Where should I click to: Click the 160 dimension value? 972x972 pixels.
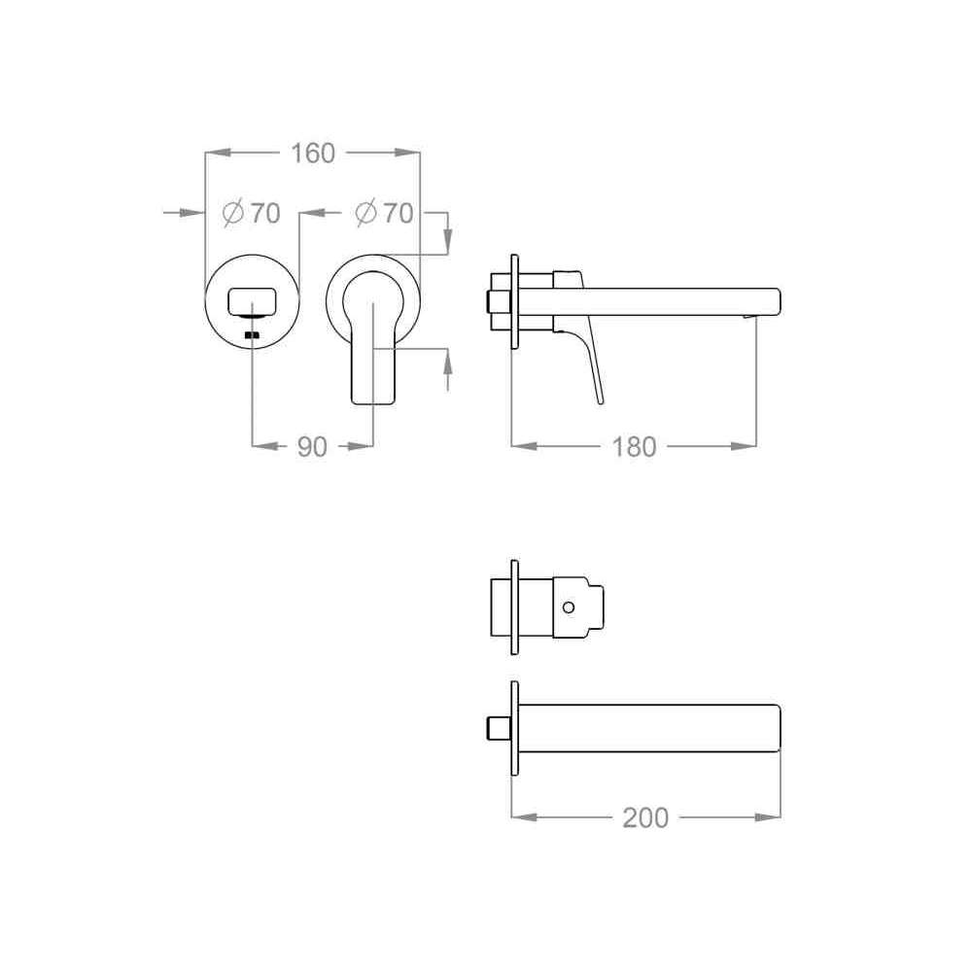click(313, 154)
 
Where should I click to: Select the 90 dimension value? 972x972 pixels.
click(312, 447)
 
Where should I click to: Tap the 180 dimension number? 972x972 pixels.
click(634, 447)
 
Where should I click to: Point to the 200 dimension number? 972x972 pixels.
click(645, 817)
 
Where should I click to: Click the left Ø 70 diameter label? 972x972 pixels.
click(252, 213)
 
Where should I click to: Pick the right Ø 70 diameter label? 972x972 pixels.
click(384, 213)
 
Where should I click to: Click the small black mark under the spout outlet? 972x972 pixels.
click(252, 335)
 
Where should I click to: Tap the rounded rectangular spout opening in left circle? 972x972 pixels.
click(252, 301)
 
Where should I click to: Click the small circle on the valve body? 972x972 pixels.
click(569, 607)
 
